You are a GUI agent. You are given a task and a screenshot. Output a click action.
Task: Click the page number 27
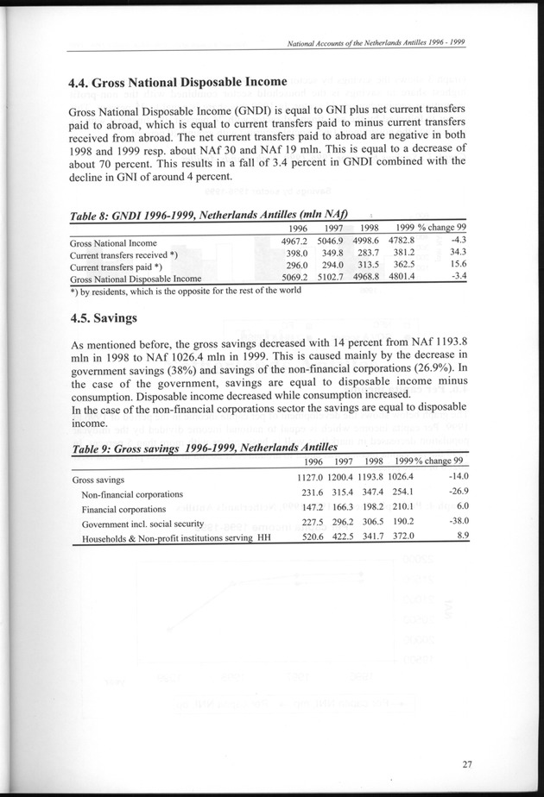coord(466,762)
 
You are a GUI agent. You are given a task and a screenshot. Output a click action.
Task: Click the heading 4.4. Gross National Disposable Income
coord(177,83)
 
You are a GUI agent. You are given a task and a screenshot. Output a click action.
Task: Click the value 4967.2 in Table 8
coord(300,241)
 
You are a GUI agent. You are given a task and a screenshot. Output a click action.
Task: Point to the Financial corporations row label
coord(125,509)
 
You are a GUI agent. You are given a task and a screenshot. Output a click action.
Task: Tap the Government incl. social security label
coord(142,524)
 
